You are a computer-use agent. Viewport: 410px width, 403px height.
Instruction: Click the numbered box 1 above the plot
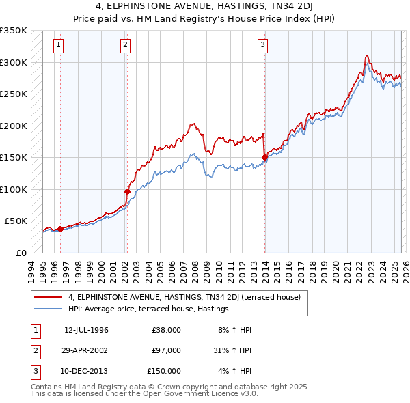click(x=59, y=46)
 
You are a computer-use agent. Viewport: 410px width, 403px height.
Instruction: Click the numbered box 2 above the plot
click(x=126, y=46)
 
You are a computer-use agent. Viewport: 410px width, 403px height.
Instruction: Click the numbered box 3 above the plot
click(x=263, y=46)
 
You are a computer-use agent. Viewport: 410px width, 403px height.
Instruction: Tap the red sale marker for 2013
click(x=264, y=158)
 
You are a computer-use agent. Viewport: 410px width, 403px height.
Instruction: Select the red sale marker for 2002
click(x=127, y=191)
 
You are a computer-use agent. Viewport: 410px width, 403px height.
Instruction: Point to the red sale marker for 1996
click(x=60, y=229)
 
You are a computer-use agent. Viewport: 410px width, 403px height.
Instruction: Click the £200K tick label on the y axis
click(x=13, y=126)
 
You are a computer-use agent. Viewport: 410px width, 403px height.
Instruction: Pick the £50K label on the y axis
click(x=15, y=221)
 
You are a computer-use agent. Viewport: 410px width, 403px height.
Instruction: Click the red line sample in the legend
click(x=49, y=297)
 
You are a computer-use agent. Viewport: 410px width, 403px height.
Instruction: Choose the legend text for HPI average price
click(x=148, y=309)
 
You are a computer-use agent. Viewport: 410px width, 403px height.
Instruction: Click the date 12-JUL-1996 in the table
click(x=86, y=330)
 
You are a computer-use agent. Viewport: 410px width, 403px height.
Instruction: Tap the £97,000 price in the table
click(x=166, y=350)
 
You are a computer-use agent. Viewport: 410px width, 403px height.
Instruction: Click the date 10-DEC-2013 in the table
click(x=86, y=371)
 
